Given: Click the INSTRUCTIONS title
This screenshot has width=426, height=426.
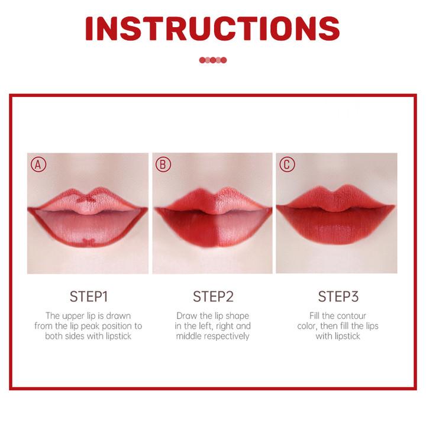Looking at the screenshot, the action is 212,29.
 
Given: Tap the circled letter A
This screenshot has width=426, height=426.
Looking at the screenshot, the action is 38,164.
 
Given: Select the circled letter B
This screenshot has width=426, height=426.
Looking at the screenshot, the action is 163,164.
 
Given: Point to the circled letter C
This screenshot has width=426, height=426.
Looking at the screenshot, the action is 287,164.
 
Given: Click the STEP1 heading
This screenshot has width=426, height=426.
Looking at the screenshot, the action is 89,296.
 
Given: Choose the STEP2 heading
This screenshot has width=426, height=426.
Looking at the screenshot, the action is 213,296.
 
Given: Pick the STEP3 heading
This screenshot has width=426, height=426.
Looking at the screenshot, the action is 338,296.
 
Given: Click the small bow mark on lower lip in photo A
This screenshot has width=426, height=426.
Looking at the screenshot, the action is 88,242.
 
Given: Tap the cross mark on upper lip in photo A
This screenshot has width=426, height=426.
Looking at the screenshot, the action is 86,199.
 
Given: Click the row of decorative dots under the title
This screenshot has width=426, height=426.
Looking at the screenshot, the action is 213,60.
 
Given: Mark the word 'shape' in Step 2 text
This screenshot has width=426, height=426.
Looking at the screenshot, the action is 237,316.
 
